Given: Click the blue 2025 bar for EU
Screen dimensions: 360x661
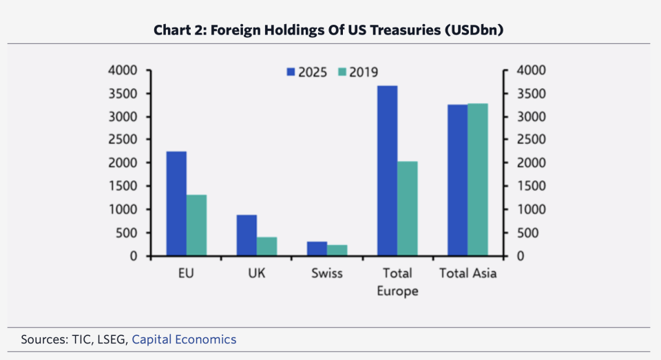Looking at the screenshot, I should pos(176,204).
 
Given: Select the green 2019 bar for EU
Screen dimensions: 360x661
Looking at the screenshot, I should pos(197,225).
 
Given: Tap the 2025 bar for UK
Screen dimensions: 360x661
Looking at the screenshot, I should pos(247,235).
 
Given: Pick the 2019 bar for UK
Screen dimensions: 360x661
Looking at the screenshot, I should pos(267,246).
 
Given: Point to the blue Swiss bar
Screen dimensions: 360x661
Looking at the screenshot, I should pos(317,248).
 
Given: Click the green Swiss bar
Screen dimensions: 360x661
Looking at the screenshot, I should pos(337,251).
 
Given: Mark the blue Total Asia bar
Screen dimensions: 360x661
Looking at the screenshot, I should pos(458,180).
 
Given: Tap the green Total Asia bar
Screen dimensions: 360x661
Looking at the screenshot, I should pos(478,180).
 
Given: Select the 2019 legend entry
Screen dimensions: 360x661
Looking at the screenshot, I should pos(357,72).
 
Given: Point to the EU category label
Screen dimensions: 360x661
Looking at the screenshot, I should pos(185,273).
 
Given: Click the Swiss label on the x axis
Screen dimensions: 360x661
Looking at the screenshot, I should pos(326,273).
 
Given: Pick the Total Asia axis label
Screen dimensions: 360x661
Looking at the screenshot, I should pos(468,273).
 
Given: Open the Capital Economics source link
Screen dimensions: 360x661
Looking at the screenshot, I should pos(184,339).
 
